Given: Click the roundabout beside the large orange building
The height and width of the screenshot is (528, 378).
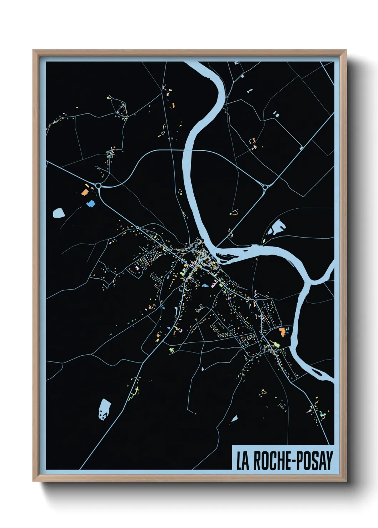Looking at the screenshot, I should pyautogui.click(x=98, y=186).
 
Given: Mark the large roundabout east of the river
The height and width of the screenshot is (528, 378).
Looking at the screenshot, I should pyautogui.click(x=265, y=187).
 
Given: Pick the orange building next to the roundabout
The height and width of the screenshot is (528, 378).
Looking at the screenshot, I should pyautogui.click(x=85, y=192).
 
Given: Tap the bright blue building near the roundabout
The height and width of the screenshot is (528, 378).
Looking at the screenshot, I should pyautogui.click(x=91, y=204).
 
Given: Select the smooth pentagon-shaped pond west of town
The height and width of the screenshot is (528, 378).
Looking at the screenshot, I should pyautogui.click(x=59, y=213).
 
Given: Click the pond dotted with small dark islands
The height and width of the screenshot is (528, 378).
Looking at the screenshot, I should pyautogui.click(x=104, y=408).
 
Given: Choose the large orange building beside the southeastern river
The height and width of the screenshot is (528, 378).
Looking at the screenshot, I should pyautogui.click(x=282, y=331).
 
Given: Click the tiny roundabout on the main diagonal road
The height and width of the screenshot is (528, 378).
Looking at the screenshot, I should pyautogui.click(x=138, y=227).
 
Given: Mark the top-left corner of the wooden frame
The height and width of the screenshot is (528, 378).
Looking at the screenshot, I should pyautogui.click(x=33, y=50).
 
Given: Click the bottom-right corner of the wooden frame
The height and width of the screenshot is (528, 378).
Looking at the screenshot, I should pyautogui.click(x=346, y=481).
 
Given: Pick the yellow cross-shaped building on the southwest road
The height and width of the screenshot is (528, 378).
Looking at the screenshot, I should pyautogui.click(x=135, y=391).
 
